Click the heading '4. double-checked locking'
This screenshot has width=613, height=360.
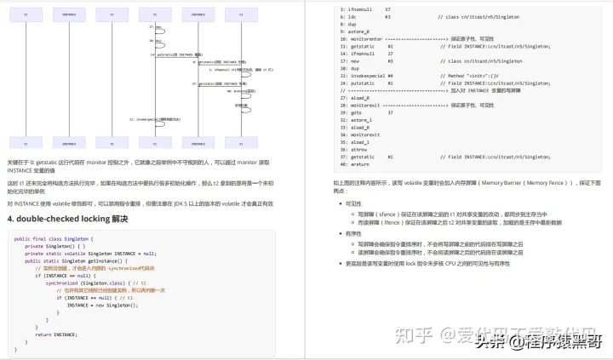pyautogui.click(x=67, y=219)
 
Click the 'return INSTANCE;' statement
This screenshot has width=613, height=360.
pyautogui.click(x=56, y=334)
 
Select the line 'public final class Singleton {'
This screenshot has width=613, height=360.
pyautogui.click(x=52, y=239)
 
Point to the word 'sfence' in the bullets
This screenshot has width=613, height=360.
pyautogui.click(x=389, y=214)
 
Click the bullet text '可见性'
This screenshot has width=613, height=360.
pyautogui.click(x=353, y=203)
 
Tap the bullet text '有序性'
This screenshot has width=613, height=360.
pyautogui.click(x=353, y=232)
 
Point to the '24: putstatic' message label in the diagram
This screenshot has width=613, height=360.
pyautogui.click(x=175, y=54)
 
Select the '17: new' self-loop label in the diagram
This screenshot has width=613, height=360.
pyautogui.click(x=152, y=27)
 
